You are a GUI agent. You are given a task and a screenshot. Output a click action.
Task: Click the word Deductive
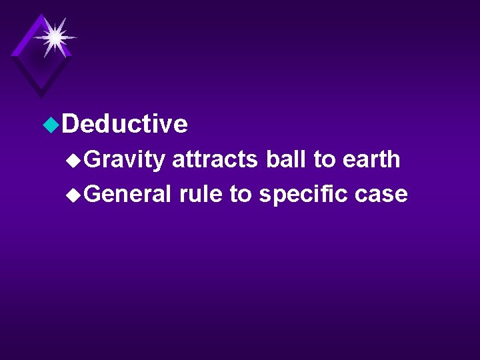[127, 124]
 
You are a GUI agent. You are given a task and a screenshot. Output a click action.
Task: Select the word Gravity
[125, 160]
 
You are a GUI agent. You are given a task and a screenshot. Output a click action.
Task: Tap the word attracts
[215, 160]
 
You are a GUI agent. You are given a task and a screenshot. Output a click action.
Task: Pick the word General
[129, 194]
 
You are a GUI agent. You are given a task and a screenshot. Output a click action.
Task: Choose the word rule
[201, 194]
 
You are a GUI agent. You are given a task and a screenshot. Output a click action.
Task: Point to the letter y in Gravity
[159, 162]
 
